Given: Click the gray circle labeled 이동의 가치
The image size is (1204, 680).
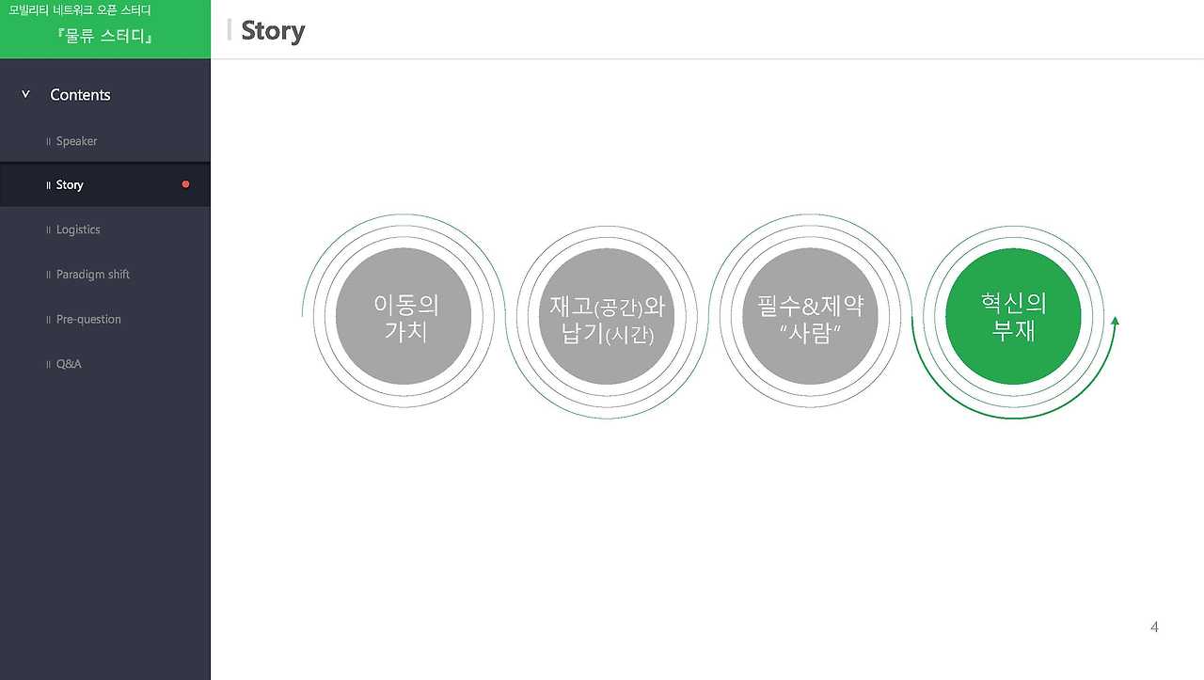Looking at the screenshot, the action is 403,316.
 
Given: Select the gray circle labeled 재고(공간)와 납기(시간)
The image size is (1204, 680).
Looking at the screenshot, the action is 607,317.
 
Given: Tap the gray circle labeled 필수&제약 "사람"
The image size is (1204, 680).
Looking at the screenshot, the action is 810,316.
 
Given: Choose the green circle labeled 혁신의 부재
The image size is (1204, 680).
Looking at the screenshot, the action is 1013,316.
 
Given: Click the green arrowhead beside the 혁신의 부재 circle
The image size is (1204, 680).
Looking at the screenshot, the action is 1115,322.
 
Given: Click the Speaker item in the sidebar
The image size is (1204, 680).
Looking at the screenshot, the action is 76,141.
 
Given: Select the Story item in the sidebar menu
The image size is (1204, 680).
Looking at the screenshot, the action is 70,185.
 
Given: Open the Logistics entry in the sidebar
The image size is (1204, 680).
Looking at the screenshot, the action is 78,229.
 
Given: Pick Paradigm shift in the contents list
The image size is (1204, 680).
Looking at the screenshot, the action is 93,275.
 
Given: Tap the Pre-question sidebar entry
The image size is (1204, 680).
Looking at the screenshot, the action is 88,320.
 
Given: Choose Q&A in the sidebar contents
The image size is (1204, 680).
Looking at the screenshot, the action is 69,364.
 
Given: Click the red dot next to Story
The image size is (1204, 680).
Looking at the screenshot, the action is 185,184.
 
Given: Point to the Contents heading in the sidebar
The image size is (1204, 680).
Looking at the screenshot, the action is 80,95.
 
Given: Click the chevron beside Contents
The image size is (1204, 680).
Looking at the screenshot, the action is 25,94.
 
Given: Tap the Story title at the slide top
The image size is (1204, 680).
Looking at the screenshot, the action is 273,30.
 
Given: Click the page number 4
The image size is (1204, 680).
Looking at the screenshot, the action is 1154,627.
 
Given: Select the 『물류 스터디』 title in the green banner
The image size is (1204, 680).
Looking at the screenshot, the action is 104,37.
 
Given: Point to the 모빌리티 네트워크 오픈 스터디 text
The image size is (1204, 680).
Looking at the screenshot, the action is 79,11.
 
